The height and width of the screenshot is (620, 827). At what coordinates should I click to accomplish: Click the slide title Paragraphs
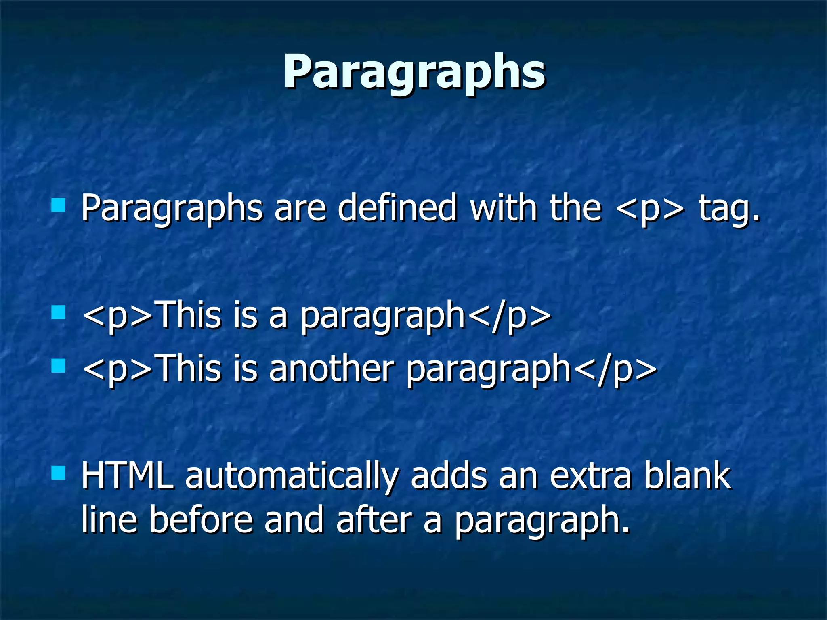pos(414,73)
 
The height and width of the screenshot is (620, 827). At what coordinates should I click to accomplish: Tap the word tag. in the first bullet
pos(729,209)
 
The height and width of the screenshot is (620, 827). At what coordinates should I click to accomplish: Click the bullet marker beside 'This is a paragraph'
pos(59,312)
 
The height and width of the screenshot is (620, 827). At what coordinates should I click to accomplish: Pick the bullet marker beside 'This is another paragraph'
pos(59,366)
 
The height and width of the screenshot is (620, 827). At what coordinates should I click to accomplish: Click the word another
pos(331,369)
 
